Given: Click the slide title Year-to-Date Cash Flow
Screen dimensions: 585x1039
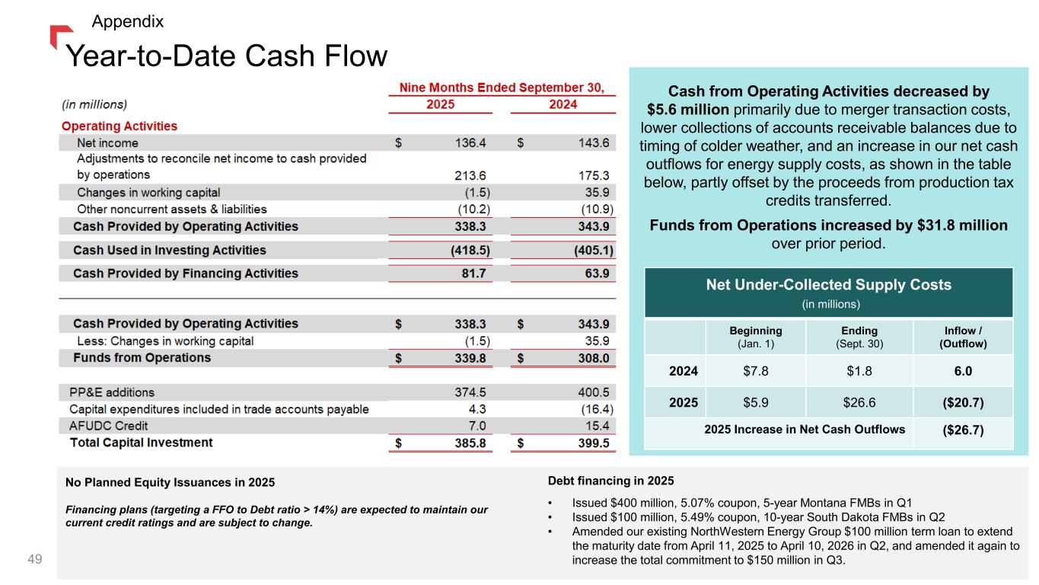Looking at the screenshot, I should pos(227,56).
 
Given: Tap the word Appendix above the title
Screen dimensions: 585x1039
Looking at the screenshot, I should pos(127,21).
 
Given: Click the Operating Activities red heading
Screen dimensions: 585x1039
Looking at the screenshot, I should pos(120,126).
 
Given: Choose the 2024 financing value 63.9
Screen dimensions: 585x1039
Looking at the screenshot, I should pos(598,273).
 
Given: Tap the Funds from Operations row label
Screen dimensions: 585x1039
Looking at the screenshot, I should pos(142,358).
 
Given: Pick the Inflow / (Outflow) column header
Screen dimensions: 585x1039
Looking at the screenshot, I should pos(959,337).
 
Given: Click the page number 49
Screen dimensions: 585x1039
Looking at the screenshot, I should pos(34,560).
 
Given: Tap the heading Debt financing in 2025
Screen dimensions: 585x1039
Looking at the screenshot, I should pos(610,481).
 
